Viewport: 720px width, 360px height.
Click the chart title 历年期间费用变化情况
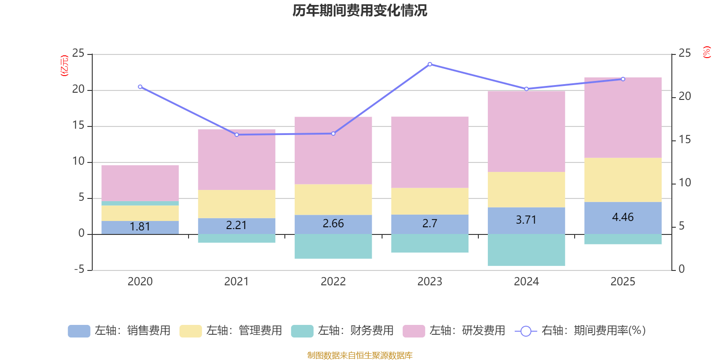click(x=360, y=11)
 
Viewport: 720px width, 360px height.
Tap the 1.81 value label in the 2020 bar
click(x=140, y=227)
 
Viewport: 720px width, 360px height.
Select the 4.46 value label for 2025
click(x=623, y=217)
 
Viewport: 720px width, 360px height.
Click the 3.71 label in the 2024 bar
click(x=526, y=220)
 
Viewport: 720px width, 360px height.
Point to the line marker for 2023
click(x=430, y=64)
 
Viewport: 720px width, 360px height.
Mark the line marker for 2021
click(x=237, y=135)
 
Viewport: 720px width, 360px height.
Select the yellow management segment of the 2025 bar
click(x=623, y=180)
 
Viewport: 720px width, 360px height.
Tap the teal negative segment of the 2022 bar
click(x=333, y=246)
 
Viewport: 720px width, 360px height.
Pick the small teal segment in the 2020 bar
click(x=140, y=203)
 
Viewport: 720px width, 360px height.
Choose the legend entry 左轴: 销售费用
click(x=119, y=331)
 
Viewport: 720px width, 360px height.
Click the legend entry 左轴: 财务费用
click(x=342, y=331)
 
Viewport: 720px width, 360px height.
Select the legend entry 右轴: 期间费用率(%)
click(x=580, y=331)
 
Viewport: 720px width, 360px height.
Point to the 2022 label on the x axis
click(x=333, y=282)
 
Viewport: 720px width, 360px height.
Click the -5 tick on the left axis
click(x=79, y=270)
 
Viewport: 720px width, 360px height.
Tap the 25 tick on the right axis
click(x=684, y=54)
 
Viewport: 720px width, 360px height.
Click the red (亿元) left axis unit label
click(x=65, y=66)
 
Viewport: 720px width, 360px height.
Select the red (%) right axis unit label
click(x=706, y=52)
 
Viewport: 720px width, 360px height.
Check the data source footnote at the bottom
click(x=360, y=355)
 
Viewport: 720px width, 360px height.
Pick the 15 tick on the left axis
click(x=78, y=126)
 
